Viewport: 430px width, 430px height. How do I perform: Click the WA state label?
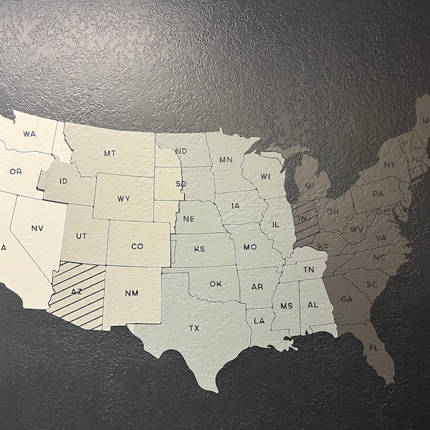(29, 133)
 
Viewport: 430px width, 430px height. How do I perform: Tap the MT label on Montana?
(109, 153)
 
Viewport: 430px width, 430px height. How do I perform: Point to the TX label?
(194, 328)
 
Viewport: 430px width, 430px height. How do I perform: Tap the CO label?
(138, 247)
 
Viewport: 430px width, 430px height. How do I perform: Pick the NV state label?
(38, 228)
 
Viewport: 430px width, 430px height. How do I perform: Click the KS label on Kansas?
(199, 249)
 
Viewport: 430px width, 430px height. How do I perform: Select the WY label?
(124, 199)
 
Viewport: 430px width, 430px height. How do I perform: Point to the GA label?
(347, 299)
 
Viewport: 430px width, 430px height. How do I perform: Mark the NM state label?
(132, 293)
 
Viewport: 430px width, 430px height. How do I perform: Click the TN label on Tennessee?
(308, 269)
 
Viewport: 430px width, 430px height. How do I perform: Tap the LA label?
(259, 320)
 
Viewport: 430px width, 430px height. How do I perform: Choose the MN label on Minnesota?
(226, 159)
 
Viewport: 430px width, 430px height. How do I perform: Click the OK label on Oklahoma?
(216, 284)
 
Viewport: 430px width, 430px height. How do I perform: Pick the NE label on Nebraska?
(189, 219)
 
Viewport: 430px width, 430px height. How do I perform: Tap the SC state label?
(372, 285)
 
